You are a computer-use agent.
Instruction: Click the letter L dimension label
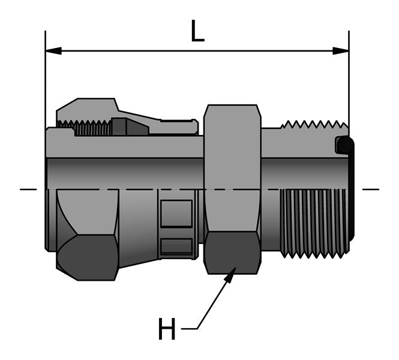tap(197, 31)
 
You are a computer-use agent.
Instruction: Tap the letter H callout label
tap(167, 329)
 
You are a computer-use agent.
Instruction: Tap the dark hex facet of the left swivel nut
tap(88, 257)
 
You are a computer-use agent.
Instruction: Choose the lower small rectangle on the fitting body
tap(176, 246)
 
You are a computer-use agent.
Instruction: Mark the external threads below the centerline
tap(313, 222)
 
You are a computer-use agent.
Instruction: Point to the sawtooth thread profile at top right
tap(313, 125)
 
